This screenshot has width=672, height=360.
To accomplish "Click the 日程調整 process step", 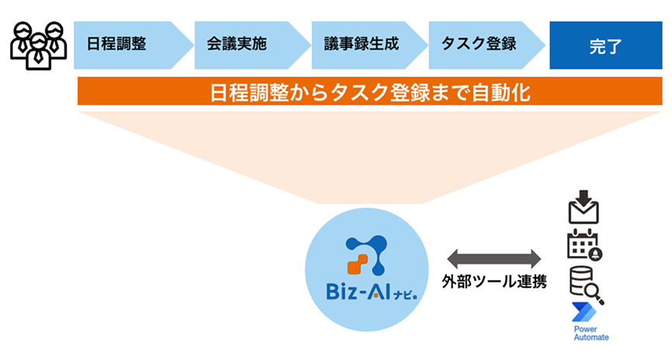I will point(116,43).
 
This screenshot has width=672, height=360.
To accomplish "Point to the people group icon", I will point(38,45).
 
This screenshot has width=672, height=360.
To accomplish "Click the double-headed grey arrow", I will point(494,258).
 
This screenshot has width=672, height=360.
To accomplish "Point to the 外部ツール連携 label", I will point(494,281).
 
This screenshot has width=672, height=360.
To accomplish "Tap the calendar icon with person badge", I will point(584,244).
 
